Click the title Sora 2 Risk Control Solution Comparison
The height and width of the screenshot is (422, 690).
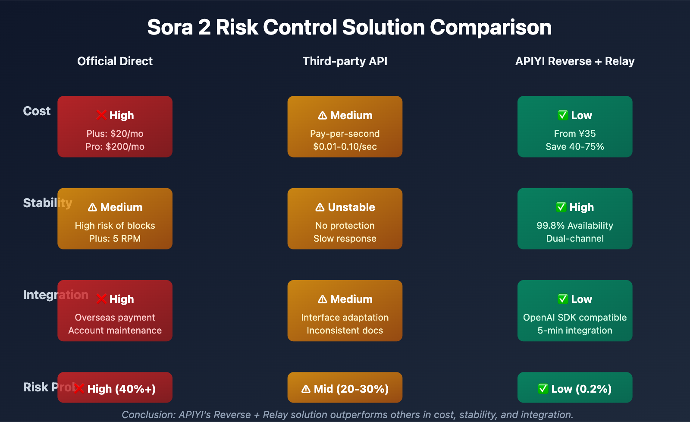click(349, 27)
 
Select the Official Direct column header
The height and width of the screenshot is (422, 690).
click(115, 61)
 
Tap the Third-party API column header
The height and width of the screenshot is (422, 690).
click(345, 61)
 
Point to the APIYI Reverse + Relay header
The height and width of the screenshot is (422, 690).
click(575, 61)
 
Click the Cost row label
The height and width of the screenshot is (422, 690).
click(37, 111)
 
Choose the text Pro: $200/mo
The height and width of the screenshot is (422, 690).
click(115, 147)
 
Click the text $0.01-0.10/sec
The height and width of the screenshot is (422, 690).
click(345, 147)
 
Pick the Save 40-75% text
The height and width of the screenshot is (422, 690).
click(575, 147)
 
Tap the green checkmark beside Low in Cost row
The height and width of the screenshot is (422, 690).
click(562, 115)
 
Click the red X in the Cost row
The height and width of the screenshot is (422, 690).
click(101, 115)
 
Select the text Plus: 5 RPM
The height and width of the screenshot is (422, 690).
click(115, 239)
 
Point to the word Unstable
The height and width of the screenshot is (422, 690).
click(351, 208)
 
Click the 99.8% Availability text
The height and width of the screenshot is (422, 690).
click(575, 226)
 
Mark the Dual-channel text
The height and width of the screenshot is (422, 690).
click(575, 239)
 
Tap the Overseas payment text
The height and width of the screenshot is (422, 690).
click(115, 318)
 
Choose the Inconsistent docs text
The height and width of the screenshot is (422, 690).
click(345, 331)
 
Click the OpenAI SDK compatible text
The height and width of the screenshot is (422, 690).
click(575, 318)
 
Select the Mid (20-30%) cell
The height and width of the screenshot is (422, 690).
click(345, 389)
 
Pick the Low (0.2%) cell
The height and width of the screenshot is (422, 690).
click(575, 389)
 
